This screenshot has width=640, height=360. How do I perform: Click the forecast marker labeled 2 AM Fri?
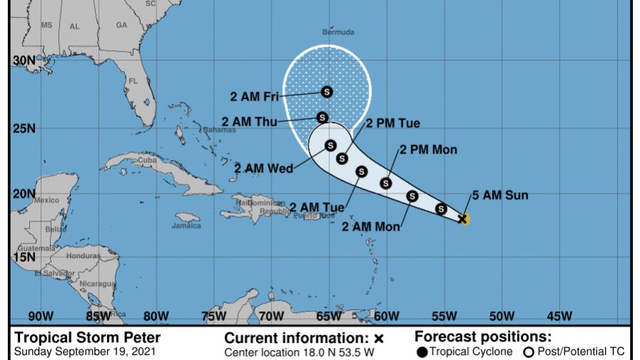pos(327,91)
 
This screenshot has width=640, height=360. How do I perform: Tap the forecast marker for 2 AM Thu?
pos(322,117)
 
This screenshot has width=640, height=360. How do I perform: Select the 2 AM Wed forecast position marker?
pos(331,146)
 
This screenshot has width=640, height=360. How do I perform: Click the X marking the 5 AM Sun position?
pos(463,219)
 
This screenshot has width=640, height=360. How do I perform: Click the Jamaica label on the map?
pos(186,226)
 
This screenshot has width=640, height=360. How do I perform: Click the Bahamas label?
pos(199,130)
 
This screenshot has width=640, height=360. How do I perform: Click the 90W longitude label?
pos(40,315)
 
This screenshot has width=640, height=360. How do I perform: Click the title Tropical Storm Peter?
pos(87,337)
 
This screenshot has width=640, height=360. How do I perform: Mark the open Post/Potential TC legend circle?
pos(529,351)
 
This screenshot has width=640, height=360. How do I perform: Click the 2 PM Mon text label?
pos(428,149)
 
